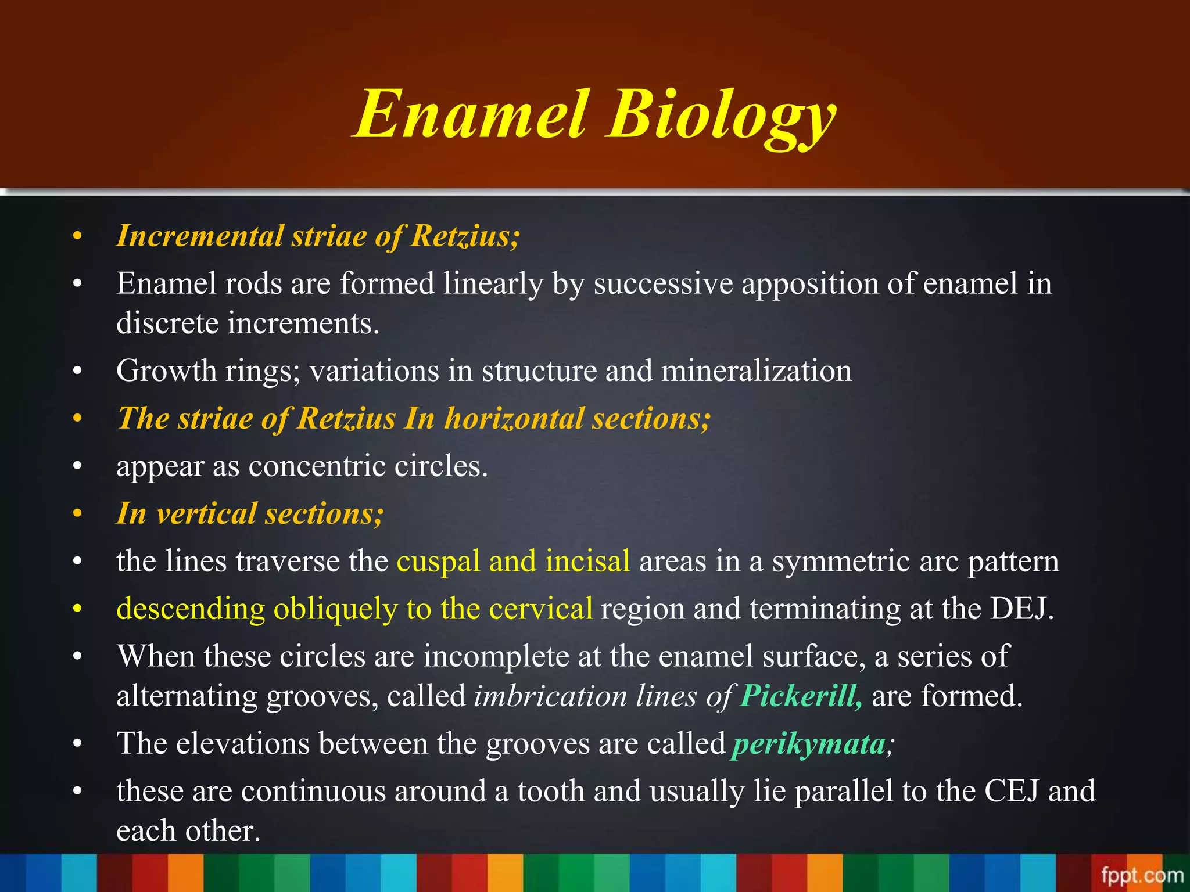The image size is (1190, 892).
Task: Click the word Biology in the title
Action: point(721,116)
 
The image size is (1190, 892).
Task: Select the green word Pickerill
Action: point(801,696)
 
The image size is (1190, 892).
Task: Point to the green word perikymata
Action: point(809,744)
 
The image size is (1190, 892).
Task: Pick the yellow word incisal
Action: point(587,561)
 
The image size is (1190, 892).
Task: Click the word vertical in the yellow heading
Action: point(206,514)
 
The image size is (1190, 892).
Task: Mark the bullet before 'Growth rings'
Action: point(77,371)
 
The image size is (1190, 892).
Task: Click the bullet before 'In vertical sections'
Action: point(77,514)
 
